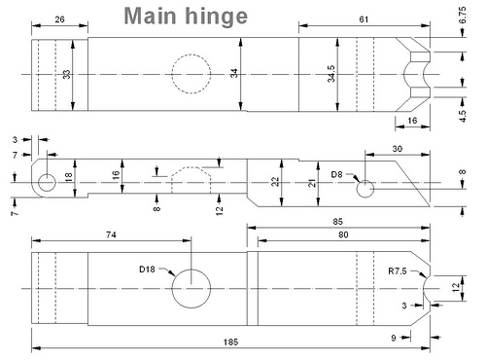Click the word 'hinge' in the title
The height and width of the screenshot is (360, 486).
217,17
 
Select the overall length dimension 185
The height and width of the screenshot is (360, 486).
230,342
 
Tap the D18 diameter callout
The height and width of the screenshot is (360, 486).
147,270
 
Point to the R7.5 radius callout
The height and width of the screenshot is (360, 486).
398,270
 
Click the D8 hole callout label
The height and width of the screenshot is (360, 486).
336,174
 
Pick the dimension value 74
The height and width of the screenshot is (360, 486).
111,234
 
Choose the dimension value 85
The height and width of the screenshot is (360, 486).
337,222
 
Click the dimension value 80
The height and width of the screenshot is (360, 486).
343,234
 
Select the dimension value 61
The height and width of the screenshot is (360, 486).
364,19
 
